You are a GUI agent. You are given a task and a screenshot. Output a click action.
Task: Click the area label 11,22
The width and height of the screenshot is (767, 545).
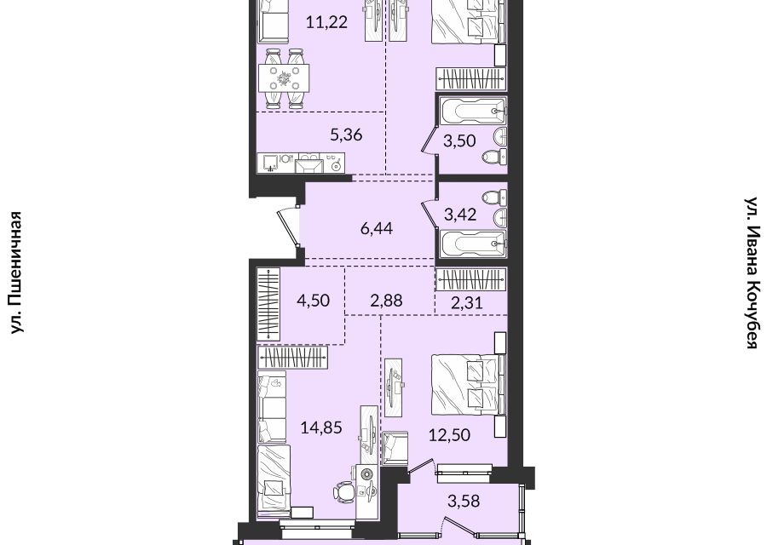click(x=326, y=22)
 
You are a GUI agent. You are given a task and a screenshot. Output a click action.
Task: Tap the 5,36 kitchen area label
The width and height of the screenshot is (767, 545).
click(x=346, y=135)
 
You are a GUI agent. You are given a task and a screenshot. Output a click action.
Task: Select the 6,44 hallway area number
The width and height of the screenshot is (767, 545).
click(x=376, y=228)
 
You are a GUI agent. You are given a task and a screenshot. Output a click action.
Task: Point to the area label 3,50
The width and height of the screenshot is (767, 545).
click(x=459, y=141)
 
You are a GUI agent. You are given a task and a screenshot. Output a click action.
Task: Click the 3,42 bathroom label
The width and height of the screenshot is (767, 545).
click(x=460, y=214)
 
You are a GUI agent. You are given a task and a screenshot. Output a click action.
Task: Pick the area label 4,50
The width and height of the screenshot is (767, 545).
click(x=313, y=300)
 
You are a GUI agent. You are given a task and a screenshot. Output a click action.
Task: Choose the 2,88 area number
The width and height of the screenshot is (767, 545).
click(x=386, y=300)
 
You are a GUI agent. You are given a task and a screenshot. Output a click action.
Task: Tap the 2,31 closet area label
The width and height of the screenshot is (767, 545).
click(x=467, y=302)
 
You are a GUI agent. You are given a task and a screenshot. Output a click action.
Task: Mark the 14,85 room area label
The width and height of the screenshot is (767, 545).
click(x=321, y=427)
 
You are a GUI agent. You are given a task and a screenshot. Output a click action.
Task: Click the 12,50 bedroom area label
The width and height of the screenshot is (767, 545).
click(x=449, y=434)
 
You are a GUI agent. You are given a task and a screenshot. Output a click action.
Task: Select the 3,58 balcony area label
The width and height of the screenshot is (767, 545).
click(x=464, y=501)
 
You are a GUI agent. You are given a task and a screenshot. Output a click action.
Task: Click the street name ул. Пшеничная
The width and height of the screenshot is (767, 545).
click(x=17, y=272)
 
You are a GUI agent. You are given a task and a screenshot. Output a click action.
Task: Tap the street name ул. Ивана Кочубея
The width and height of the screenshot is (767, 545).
click(x=753, y=272)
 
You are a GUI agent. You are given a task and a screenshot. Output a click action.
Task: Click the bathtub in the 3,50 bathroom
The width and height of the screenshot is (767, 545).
click(x=471, y=112)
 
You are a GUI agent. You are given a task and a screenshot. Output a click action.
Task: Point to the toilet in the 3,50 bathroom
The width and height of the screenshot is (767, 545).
click(x=494, y=157)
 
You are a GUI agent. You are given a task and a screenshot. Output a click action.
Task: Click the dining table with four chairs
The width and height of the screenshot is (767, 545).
click(x=284, y=78)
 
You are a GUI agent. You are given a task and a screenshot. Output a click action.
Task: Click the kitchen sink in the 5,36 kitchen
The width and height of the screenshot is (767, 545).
click(x=270, y=163)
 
